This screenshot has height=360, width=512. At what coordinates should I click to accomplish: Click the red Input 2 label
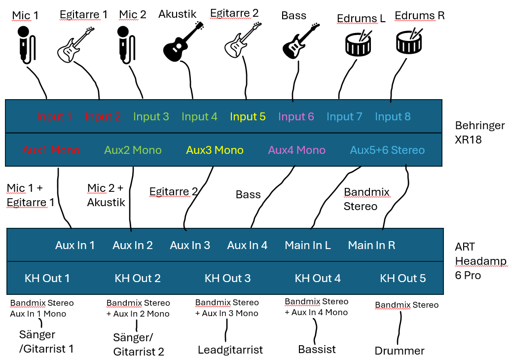(103, 117)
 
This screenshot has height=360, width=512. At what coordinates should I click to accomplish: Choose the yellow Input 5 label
(248, 117)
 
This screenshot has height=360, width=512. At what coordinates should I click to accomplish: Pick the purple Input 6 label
(296, 117)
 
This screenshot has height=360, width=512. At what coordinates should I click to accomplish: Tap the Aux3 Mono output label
(215, 150)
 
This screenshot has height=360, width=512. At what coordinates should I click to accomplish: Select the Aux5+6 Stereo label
(387, 150)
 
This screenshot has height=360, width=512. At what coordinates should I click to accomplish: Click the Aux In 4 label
(247, 245)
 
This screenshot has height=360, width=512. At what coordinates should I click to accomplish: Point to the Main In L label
(308, 245)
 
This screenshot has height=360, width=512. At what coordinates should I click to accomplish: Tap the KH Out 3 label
(227, 278)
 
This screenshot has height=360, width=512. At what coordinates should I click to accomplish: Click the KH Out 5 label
(402, 278)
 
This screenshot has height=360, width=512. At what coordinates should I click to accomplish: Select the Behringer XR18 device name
(480, 132)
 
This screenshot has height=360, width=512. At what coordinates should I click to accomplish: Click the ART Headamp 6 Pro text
(480, 261)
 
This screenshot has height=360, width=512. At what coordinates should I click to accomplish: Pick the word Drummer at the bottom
(400, 351)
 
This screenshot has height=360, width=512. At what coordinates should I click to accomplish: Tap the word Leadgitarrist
(230, 350)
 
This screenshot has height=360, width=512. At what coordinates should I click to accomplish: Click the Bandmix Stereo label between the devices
(366, 199)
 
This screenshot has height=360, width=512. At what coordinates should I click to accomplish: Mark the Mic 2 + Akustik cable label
(106, 195)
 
